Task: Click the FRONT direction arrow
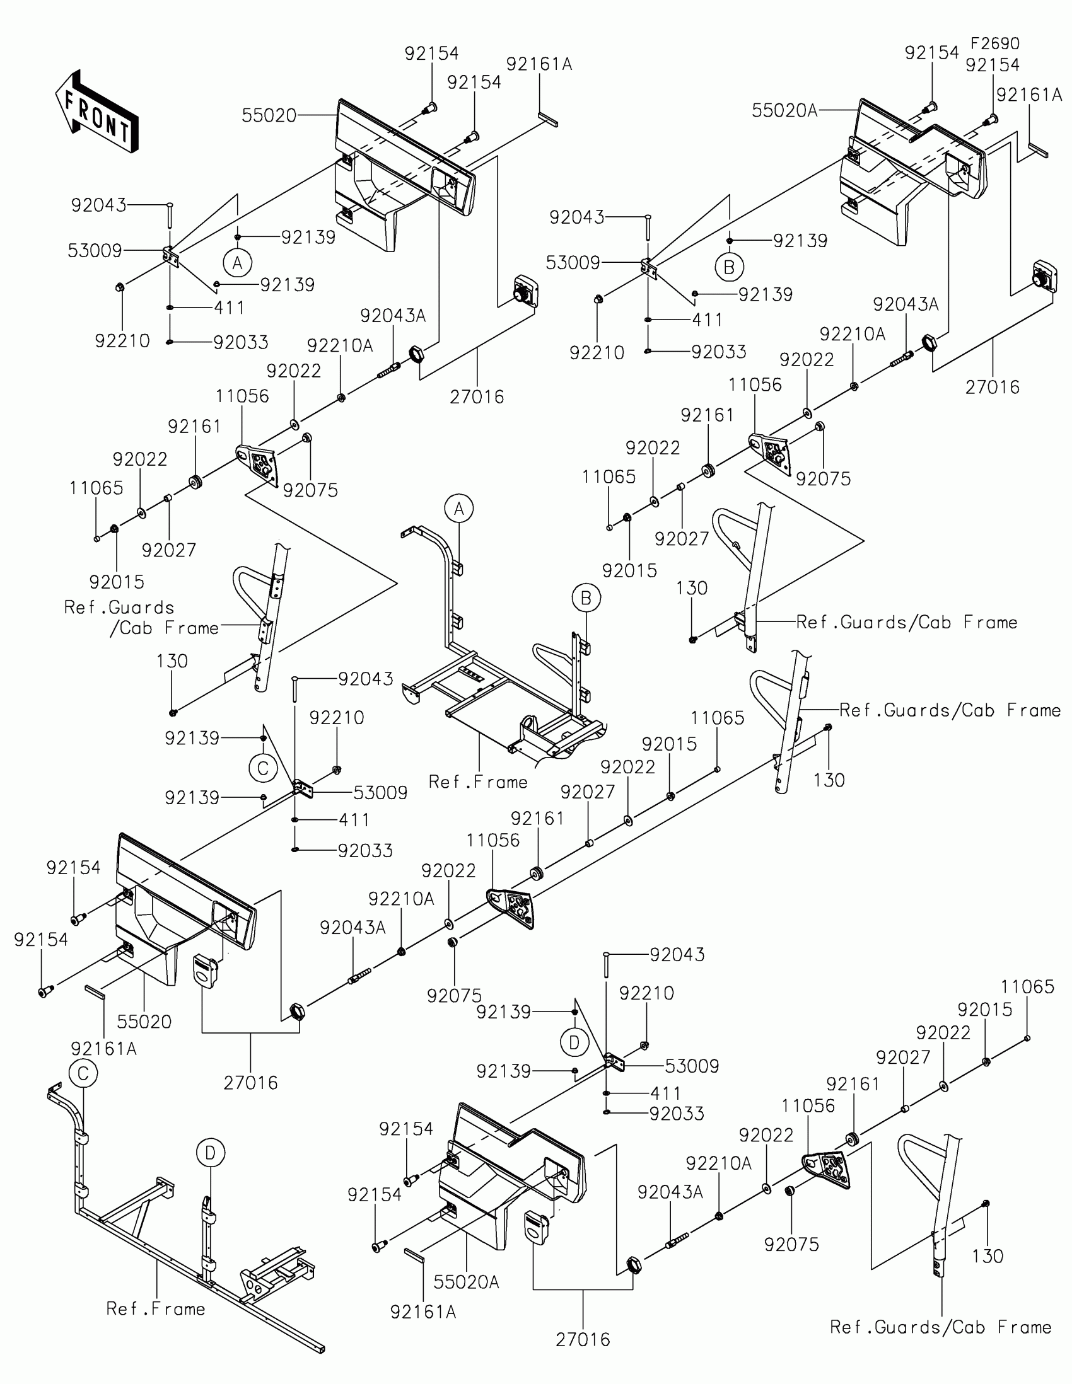96,112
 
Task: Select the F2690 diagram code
994,43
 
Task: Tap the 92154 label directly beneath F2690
993,66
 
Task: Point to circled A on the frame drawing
459,509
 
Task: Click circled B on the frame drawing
586,597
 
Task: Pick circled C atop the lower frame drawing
83,1073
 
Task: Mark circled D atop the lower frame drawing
211,1153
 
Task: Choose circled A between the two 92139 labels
238,262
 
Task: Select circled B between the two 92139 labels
729,267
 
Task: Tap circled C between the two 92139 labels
263,769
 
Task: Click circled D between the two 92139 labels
574,1042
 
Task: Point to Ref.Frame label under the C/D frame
155,1309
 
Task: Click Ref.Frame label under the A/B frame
478,782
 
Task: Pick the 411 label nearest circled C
354,820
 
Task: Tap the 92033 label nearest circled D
677,1114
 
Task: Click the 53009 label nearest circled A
95,251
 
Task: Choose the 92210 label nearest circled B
597,353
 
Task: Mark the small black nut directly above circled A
238,238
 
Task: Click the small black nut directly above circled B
730,241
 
